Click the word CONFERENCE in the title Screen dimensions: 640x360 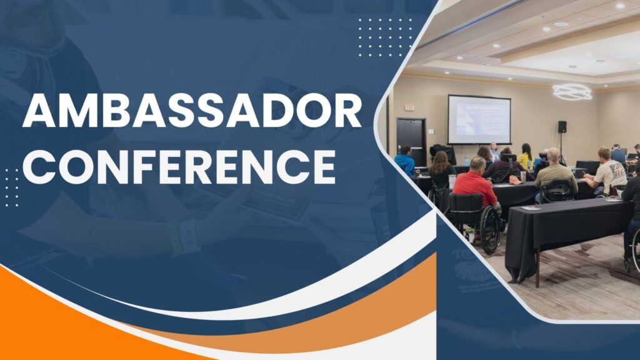(x=179, y=166)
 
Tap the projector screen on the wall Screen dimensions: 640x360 (x=479, y=119)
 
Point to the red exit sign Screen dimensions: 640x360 (x=409, y=107)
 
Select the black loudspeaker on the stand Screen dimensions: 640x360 (x=562, y=126)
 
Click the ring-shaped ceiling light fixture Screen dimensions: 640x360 (x=572, y=92)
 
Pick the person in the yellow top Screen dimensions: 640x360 (x=526, y=156)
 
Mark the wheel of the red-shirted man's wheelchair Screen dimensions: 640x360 (x=490, y=230)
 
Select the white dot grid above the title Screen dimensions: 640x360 (x=385, y=37)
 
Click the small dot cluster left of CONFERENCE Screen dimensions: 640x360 (x=12, y=187)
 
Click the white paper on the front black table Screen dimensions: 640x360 (x=531, y=208)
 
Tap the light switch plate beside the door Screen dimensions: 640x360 (x=431, y=131)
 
